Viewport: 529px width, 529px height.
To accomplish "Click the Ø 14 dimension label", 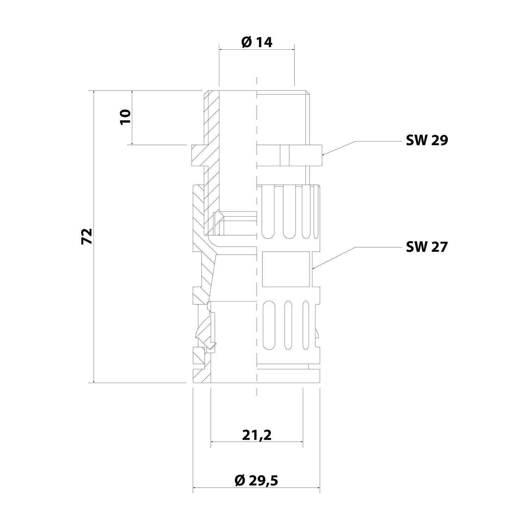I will tap(257, 42).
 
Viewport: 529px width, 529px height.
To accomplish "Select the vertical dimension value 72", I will tap(87, 236).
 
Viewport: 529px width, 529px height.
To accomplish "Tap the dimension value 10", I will tap(126, 116).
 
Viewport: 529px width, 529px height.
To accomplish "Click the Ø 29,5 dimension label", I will tap(256, 480).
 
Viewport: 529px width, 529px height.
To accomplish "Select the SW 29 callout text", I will tap(427, 140).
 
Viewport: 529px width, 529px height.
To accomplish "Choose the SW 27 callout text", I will tap(427, 247).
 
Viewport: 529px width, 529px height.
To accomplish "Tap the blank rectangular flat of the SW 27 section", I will tap(286, 269).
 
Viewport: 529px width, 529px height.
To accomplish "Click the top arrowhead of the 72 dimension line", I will tap(94, 91).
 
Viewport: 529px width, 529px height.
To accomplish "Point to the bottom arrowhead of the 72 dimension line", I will tap(94, 382).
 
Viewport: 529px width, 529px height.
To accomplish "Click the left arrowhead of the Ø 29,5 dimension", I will tap(194, 488).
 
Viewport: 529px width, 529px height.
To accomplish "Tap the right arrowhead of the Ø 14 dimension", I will tap(294, 50).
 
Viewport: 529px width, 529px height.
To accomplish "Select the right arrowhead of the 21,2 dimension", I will tap(302, 442).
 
